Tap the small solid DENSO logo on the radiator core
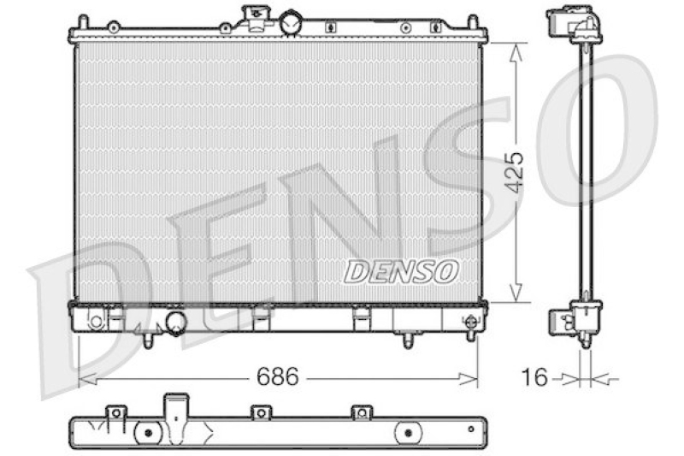point(401,272)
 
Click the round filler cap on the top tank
point(292,21)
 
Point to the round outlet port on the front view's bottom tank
point(175,323)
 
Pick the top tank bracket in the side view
point(574,26)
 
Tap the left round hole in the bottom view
point(149,433)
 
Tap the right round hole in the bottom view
point(405,433)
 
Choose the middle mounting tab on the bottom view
point(257,413)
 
